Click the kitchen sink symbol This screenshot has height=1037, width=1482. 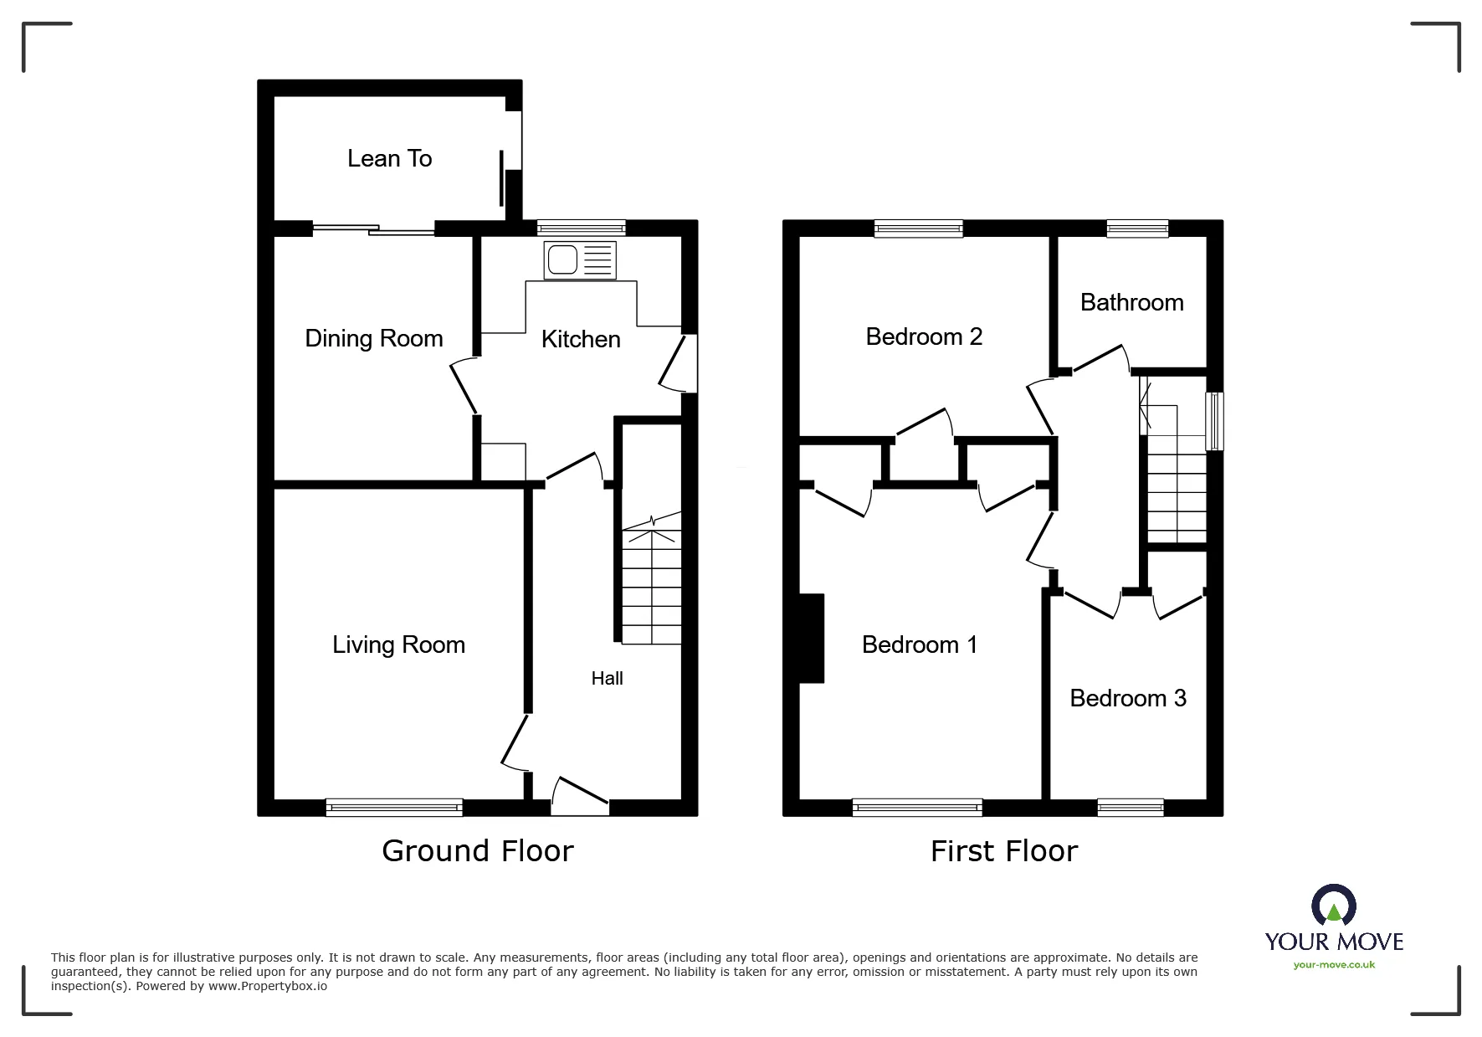coord(579,260)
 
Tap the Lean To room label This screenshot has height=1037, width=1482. coord(389,158)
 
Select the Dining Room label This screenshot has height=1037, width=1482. coord(373,338)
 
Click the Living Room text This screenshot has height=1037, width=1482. coord(398,644)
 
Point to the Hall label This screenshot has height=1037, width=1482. coord(607,679)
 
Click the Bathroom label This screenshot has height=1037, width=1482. coord(1131,302)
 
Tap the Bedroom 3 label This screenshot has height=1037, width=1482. coord(1127,698)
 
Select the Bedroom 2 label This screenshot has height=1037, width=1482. coord(924,336)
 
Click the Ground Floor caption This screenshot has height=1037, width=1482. coord(477,851)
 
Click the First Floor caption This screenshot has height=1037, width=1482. coord(1003,851)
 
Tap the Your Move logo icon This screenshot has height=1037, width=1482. coord(1333,906)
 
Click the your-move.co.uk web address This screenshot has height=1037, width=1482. coord(1334,965)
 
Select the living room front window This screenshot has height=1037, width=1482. coord(394,807)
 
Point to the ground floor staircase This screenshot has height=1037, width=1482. coord(651,586)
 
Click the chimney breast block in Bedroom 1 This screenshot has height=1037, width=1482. coord(812,639)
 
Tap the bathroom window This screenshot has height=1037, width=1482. coord(1137,228)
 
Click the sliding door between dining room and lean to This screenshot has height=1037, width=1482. coord(373,227)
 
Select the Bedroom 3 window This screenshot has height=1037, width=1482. coord(1130,807)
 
